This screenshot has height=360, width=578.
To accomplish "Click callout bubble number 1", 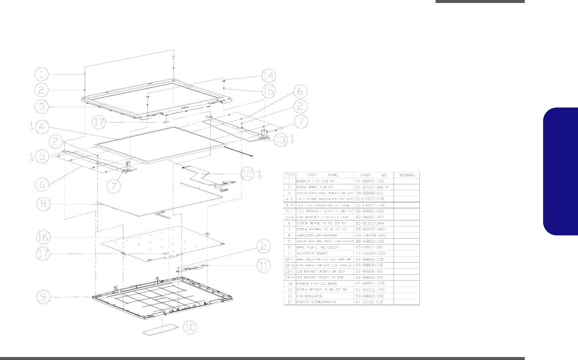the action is click(x=42, y=74).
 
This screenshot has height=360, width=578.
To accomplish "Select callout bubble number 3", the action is click(x=42, y=106).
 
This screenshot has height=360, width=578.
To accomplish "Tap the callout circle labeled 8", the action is click(x=43, y=204).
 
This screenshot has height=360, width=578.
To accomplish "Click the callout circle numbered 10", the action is click(x=190, y=327).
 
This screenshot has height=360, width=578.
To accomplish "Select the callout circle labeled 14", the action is click(x=268, y=76).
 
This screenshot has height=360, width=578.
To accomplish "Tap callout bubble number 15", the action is click(x=268, y=91).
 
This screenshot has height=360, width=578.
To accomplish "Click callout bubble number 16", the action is click(x=43, y=237).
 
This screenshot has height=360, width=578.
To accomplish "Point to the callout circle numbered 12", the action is click(x=247, y=174).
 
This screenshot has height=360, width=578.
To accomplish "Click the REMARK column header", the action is click(x=407, y=175).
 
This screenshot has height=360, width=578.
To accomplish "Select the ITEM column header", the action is click(x=289, y=175).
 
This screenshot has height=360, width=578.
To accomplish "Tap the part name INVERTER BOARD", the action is click(x=311, y=253).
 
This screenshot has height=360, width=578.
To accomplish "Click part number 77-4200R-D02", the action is click(x=370, y=253).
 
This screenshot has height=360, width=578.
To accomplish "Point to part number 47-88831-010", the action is click(x=369, y=181).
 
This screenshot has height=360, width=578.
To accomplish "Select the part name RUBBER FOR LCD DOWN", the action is click(x=316, y=284).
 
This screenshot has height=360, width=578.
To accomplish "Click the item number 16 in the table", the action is click(x=289, y=296).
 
